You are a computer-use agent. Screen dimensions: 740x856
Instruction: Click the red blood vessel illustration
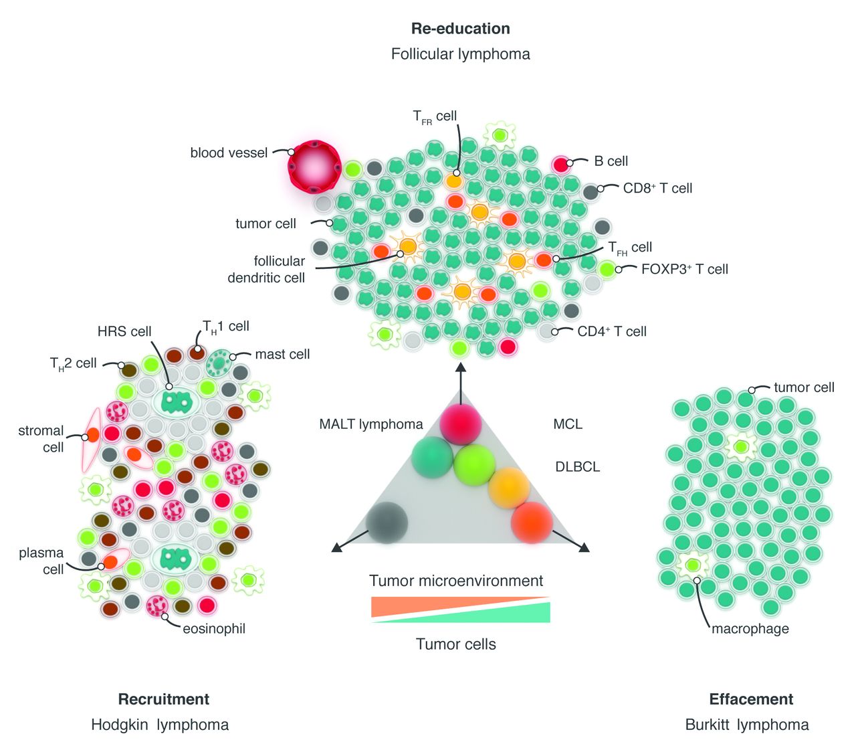[x=314, y=167]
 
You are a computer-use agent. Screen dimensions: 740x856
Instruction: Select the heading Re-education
[x=460, y=29]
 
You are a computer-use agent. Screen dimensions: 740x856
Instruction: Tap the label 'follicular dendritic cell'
[x=266, y=269]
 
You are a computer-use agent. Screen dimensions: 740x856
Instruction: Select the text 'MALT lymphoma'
[x=371, y=424]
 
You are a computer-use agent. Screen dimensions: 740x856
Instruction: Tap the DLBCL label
[x=578, y=466]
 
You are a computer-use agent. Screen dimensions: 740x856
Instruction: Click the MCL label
[x=568, y=424]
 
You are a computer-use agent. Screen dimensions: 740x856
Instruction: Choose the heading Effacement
[x=751, y=699]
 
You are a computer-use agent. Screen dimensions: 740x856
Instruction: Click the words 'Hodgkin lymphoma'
[x=160, y=725]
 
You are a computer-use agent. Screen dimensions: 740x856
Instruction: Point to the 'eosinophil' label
[x=214, y=629]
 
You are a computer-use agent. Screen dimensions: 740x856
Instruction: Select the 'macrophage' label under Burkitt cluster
[x=750, y=629]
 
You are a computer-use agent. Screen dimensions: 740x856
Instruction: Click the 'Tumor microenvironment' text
[x=456, y=581]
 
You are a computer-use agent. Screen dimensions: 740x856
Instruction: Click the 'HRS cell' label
[x=124, y=331]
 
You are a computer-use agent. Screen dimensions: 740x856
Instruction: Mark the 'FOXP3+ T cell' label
[x=684, y=269]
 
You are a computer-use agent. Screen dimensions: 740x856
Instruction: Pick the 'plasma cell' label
[x=41, y=561]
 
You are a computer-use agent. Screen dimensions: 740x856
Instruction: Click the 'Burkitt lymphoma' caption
[x=747, y=725]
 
